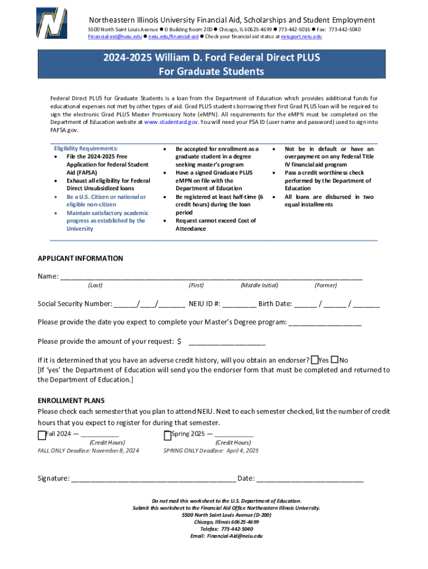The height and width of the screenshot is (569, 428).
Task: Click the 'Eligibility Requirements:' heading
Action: [86, 149]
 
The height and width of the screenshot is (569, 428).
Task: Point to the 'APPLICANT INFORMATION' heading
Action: [80, 258]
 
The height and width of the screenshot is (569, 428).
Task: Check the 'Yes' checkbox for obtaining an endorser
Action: [315, 360]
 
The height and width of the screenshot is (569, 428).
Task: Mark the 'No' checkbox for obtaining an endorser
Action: [335, 360]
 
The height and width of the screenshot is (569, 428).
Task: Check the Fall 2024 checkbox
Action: [41, 435]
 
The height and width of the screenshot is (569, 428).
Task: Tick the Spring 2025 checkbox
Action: [167, 435]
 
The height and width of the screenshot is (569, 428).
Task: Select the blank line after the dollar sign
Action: [227, 342]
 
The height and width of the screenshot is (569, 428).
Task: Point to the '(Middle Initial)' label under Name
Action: [259, 285]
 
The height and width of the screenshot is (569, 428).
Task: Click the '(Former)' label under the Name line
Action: [326, 285]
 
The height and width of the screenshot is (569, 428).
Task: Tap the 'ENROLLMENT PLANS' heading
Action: [71, 401]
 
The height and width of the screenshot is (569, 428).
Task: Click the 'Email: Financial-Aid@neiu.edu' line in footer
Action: [226, 536]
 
